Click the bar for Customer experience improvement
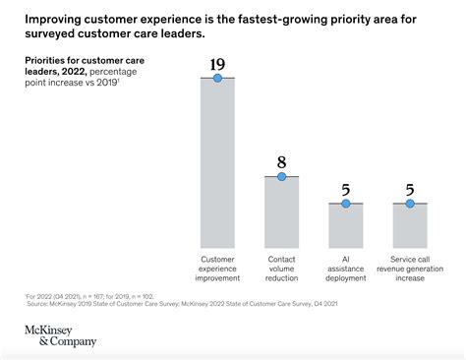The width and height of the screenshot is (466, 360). (x=217, y=163)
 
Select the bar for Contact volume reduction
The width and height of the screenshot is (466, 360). (x=281, y=212)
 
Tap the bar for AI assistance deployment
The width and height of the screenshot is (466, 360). (x=345, y=226)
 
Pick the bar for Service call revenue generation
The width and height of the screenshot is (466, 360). (x=410, y=226)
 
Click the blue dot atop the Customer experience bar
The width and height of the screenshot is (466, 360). (x=217, y=78)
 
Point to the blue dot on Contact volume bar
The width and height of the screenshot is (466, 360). (x=281, y=176)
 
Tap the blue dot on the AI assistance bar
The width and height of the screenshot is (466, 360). (x=345, y=204)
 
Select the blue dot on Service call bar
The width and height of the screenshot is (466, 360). (x=410, y=204)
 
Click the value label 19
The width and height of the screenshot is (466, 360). (x=217, y=65)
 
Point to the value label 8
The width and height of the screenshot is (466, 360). (x=281, y=162)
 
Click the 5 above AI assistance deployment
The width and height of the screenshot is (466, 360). (x=345, y=190)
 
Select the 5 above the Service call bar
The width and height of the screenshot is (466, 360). (x=410, y=190)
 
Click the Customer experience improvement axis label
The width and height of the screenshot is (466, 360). (x=217, y=269)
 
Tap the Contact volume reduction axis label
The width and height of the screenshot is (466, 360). (x=281, y=269)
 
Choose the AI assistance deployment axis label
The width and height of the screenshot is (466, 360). (x=345, y=269)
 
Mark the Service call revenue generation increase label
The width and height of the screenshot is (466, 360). (x=410, y=269)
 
